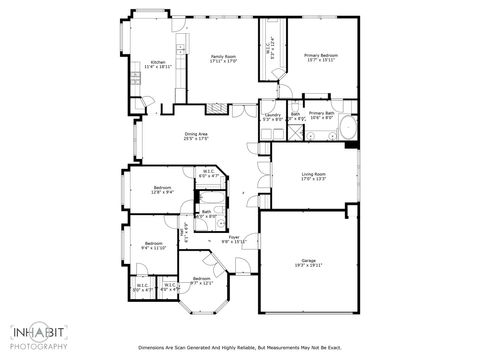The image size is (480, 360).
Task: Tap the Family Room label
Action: [x=223, y=57]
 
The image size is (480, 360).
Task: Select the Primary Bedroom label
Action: [x=321, y=55]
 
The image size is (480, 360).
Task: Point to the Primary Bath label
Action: [x=321, y=114]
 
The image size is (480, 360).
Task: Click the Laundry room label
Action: [x=272, y=115]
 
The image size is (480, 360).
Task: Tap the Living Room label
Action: [x=314, y=175]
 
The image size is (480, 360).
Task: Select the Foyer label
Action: [x=233, y=237]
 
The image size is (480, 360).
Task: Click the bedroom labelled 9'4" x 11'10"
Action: [x=153, y=243]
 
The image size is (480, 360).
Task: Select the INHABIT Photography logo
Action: [x=39, y=335]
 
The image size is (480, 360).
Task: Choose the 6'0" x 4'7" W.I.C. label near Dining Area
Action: [x=208, y=172]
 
